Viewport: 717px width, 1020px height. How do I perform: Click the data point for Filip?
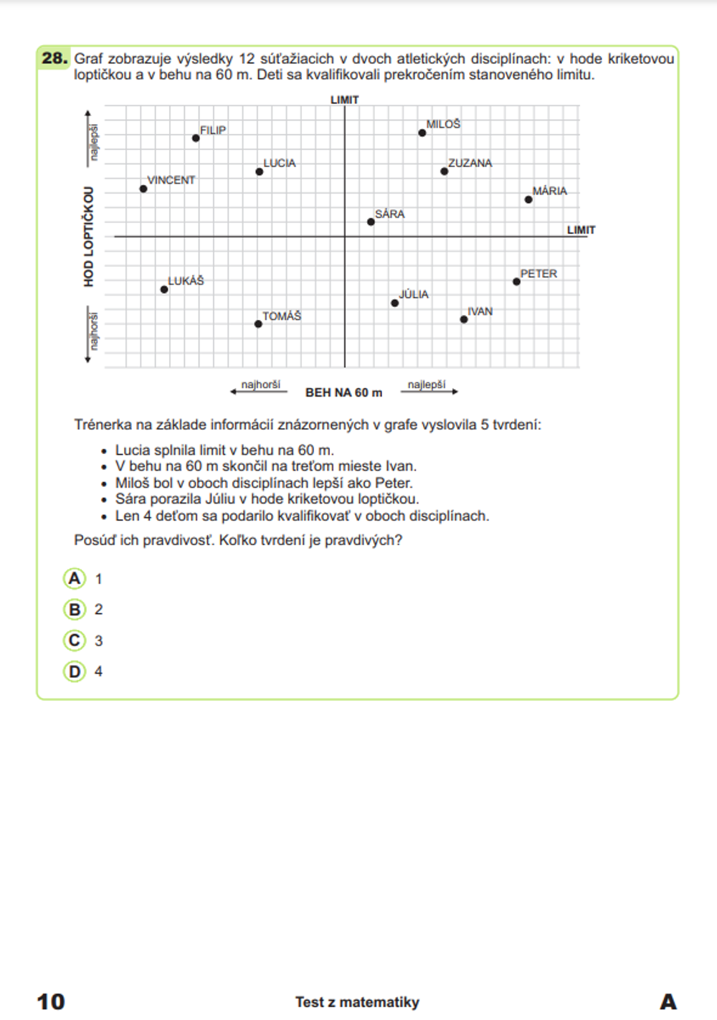pos(196,138)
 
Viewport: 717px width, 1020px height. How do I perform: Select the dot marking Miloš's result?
pos(422,133)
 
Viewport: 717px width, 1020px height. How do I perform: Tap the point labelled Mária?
pos(528,199)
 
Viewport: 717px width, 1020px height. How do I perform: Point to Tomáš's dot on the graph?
pos(258,324)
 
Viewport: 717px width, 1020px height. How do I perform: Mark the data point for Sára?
pos(371,222)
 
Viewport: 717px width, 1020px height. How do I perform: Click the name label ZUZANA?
pos(470,164)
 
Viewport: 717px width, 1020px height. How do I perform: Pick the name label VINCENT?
pos(171,180)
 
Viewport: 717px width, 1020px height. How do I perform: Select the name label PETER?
pos(538,274)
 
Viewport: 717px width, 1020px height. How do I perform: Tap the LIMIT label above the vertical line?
pos(344,100)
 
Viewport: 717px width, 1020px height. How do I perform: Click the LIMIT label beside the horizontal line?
pos(581,230)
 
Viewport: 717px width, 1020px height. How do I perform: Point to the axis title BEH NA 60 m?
pos(344,392)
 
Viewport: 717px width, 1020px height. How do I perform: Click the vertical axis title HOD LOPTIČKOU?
pos(89,237)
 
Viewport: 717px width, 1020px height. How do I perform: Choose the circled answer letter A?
pos(75,578)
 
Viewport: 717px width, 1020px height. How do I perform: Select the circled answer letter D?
pos(75,671)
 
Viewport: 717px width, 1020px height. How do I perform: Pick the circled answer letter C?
pos(75,640)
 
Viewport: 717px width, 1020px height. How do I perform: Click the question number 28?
pos(54,59)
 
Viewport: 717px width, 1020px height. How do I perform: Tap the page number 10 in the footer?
pos(51,1001)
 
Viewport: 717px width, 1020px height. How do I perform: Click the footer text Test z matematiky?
pos(357,1002)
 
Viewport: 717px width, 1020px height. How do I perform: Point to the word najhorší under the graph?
pos(260,385)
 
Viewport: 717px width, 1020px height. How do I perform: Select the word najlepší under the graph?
pos(427,385)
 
